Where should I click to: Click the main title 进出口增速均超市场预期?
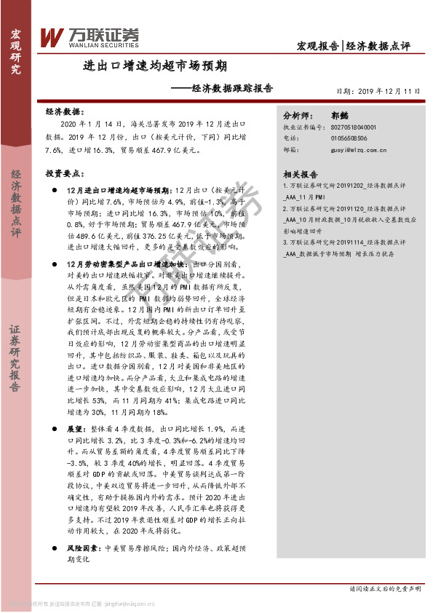point(154,66)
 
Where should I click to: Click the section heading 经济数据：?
point(63,113)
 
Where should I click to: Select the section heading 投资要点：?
point(63,174)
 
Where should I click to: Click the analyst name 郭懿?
point(339,115)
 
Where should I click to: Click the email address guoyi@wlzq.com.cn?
point(353,151)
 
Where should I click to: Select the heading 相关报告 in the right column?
point(300,175)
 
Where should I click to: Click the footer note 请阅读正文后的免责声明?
point(384,588)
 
